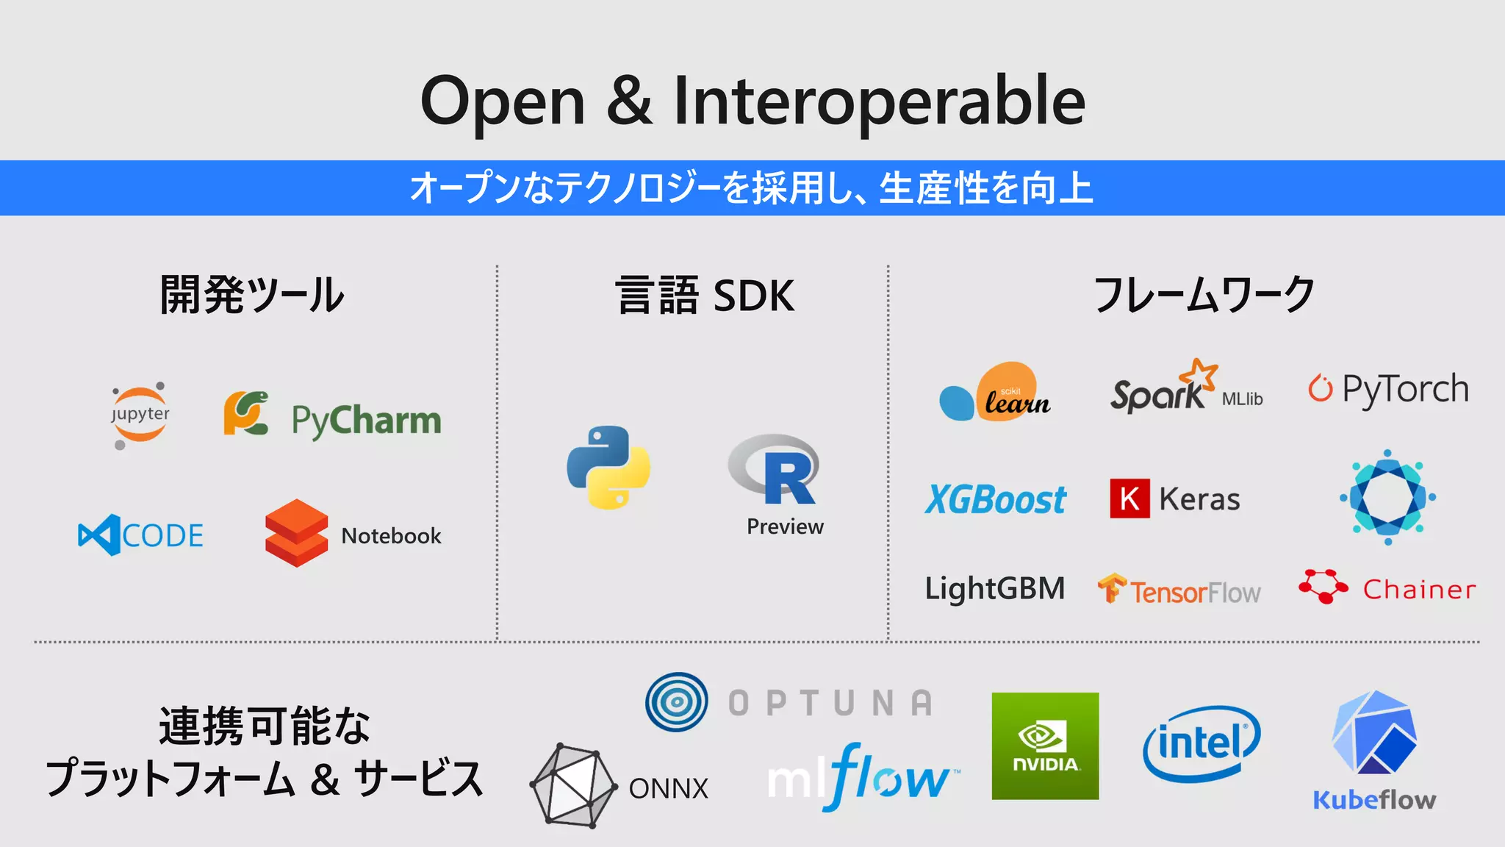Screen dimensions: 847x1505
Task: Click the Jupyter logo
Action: [x=140, y=414]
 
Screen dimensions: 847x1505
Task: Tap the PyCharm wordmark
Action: [x=366, y=421]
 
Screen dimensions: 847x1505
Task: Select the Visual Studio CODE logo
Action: [x=141, y=535]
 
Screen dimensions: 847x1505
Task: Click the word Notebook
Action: [x=391, y=536]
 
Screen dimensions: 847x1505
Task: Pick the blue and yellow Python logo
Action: [x=608, y=468]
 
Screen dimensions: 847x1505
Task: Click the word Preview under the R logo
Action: [x=785, y=526]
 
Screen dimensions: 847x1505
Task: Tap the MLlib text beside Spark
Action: [x=1242, y=399]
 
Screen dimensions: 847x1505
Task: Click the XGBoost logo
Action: [x=996, y=500]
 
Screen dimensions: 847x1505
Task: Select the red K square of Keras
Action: [x=1129, y=498]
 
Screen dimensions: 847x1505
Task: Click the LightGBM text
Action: [x=994, y=589]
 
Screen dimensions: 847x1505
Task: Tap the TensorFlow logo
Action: [x=1179, y=590]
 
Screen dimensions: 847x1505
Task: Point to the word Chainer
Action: [x=1419, y=590]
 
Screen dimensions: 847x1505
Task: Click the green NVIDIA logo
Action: [x=1045, y=746]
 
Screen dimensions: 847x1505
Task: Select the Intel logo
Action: [x=1202, y=743]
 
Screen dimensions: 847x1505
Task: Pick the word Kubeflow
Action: [x=1374, y=800]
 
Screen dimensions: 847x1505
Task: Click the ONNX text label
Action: [x=668, y=789]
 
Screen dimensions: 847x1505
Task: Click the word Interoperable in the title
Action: [x=879, y=101]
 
